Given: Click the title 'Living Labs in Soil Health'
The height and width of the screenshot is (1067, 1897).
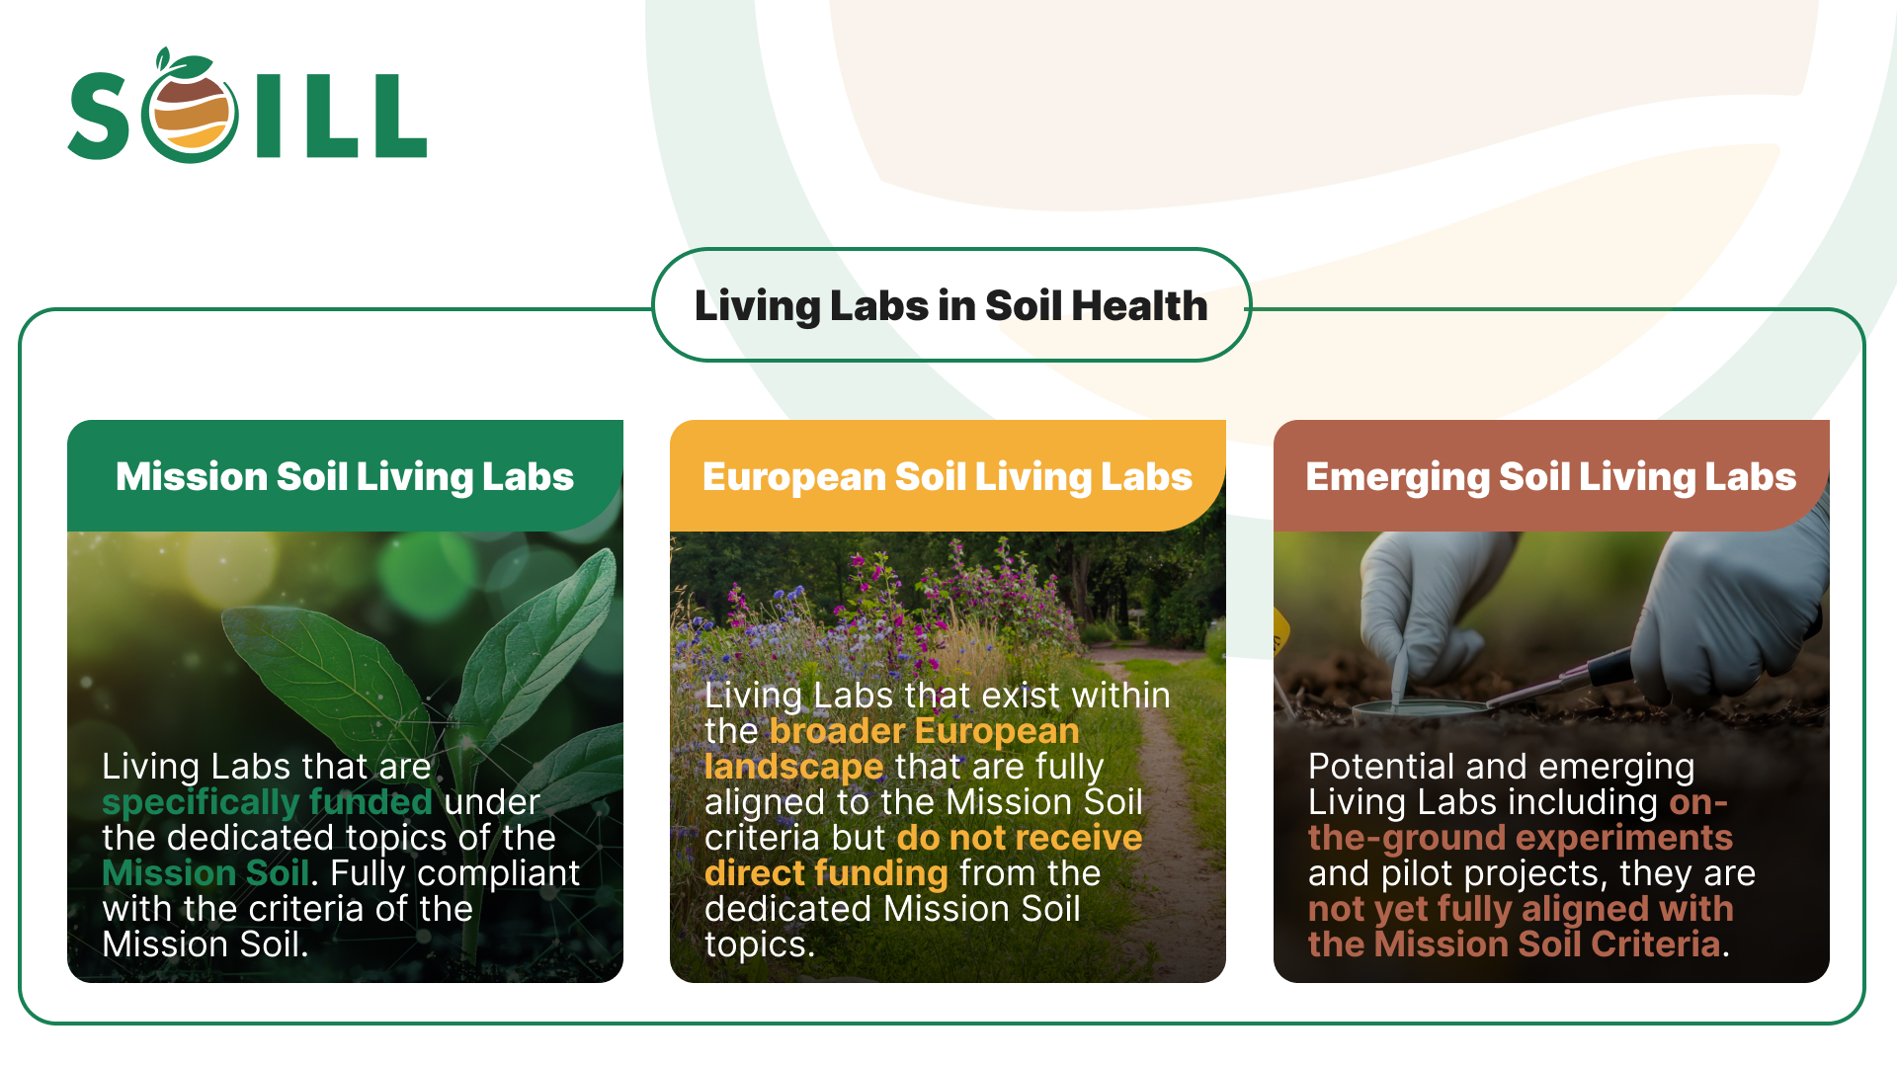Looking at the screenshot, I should (x=950, y=305).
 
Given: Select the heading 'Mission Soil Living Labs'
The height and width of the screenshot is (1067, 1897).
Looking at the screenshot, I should (x=344, y=476).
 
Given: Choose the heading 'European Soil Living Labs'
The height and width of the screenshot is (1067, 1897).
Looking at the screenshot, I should (x=947, y=476).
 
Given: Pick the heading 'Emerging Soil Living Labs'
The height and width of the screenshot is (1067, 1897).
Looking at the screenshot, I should (x=1550, y=476).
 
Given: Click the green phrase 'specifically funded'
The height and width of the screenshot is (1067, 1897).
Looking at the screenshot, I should (x=267, y=801).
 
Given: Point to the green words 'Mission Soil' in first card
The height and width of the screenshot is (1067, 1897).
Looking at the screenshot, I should (x=206, y=872).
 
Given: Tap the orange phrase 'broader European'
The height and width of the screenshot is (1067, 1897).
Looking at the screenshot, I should (x=924, y=731).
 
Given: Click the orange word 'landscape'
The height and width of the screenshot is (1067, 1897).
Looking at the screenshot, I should (x=793, y=767).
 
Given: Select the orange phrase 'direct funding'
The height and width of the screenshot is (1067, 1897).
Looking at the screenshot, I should (x=826, y=873).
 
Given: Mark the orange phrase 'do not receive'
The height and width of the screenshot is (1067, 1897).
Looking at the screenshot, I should (x=1019, y=838).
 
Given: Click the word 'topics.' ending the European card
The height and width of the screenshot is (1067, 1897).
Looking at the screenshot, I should (x=760, y=944).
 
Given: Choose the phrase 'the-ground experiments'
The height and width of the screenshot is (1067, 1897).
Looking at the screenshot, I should (x=1520, y=838).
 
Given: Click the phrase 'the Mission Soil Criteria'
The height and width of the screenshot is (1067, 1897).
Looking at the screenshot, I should (x=1514, y=944).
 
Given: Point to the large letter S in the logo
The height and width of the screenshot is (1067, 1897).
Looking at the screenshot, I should (x=100, y=117).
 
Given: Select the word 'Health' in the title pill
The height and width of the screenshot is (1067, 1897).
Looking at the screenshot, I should (x=1139, y=305).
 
